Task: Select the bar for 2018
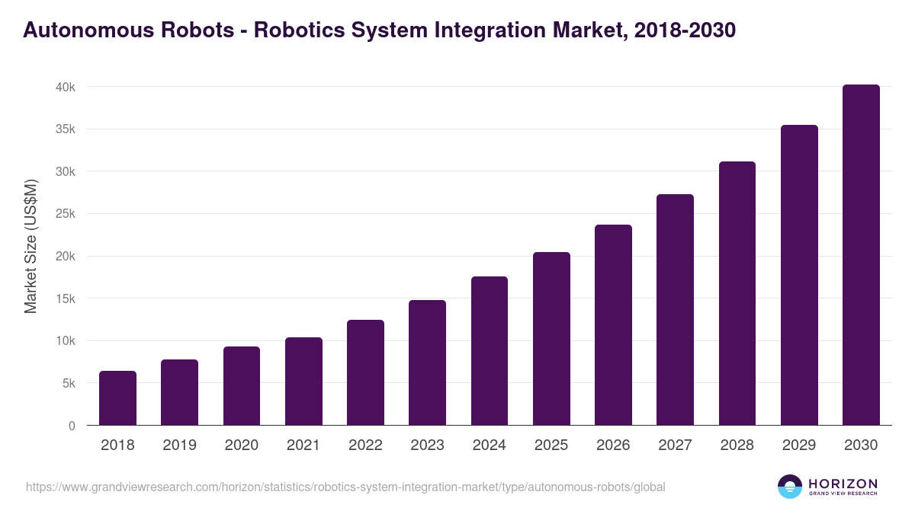tap(117, 398)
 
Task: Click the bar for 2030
tap(861, 255)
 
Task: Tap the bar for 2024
tap(490, 351)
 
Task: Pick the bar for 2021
tap(303, 382)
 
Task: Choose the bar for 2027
tap(676, 310)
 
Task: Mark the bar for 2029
tap(799, 275)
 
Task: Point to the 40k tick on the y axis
tap(66, 88)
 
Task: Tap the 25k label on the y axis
tap(66, 214)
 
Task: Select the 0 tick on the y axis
tap(72, 426)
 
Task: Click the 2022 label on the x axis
tap(365, 445)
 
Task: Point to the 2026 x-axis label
tap(613, 445)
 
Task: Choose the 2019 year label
tap(179, 445)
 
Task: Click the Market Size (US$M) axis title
tap(31, 246)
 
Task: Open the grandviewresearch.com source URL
tap(345, 487)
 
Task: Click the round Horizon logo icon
tap(790, 487)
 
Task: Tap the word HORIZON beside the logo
tap(843, 484)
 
